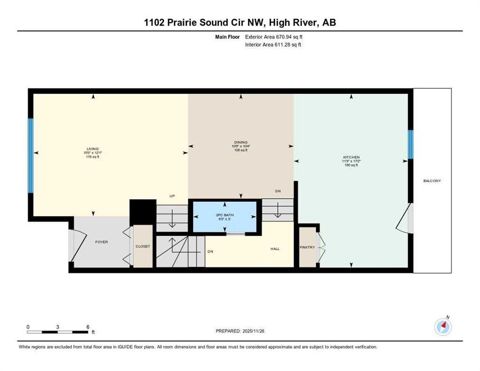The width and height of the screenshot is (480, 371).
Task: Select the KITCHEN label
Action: pos(351,157)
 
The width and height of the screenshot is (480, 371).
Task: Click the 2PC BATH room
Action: pos(225,216)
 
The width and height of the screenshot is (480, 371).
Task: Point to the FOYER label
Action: pos(101,242)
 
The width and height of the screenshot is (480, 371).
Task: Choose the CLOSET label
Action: pos(143,246)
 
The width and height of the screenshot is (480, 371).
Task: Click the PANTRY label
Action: pos(307,247)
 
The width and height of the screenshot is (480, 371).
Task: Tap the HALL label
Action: pos(275,249)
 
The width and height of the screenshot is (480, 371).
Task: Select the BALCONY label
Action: pos(432,181)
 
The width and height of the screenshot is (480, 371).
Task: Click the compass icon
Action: pos(442,327)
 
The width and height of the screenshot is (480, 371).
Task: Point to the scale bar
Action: pos(58,332)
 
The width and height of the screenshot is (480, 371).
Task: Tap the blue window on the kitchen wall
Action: pos(410,144)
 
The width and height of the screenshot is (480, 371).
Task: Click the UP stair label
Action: pos(171,196)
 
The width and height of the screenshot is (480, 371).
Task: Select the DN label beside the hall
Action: pos(210,251)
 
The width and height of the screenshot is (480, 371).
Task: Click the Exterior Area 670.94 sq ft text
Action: pos(274,36)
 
